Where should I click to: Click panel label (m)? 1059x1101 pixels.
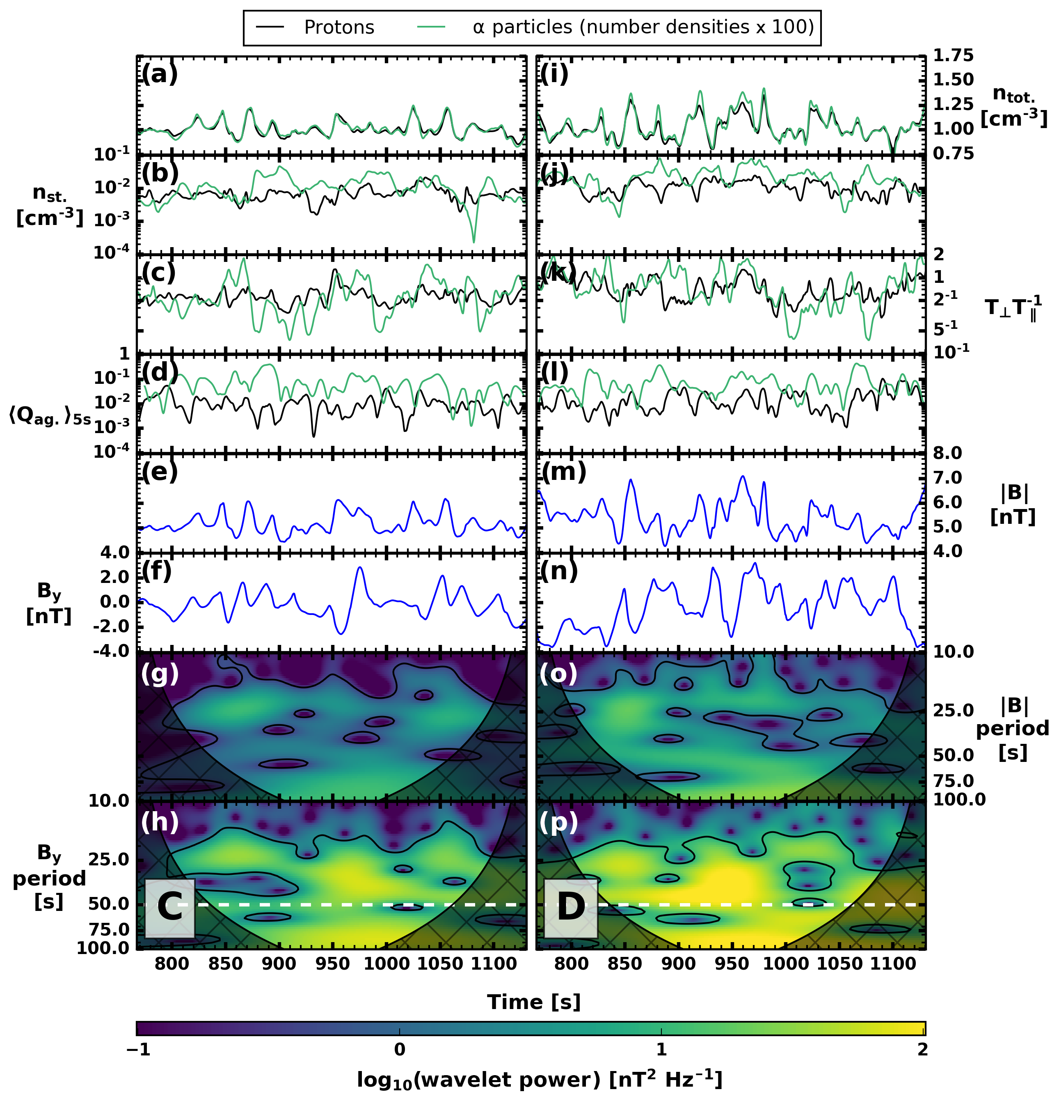coord(564,471)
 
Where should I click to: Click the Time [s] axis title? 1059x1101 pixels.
coord(533,1001)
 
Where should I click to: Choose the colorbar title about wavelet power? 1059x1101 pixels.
coord(539,1079)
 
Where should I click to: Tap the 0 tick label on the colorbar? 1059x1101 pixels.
coord(399,1049)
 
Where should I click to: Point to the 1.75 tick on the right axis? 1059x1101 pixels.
coord(953,55)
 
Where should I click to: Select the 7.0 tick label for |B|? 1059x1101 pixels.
coord(947,477)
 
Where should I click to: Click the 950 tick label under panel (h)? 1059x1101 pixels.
coord(332,964)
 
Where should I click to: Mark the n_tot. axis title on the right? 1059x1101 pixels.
coord(1013,107)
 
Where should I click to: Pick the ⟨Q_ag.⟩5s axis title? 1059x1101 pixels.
coord(49,416)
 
